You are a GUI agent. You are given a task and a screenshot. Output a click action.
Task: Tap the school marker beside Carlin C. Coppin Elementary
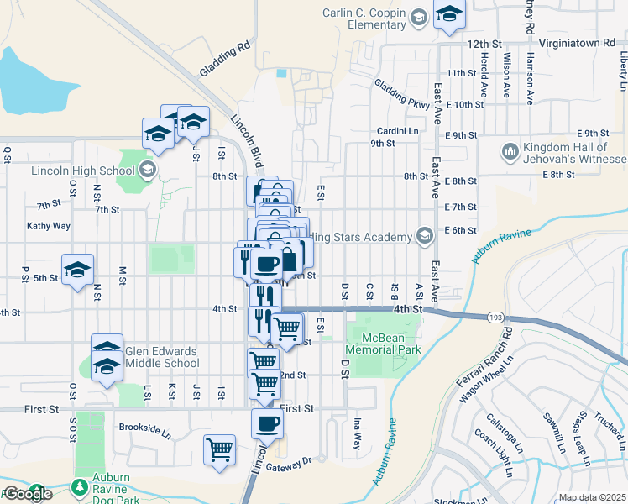[449, 14]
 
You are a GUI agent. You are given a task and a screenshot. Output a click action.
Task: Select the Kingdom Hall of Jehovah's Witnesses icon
[509, 152]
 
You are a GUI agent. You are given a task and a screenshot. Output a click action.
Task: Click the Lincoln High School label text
[82, 171]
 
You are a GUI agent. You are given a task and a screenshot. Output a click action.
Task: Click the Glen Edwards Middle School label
[161, 358]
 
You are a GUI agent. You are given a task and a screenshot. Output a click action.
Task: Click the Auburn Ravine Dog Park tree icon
[79, 486]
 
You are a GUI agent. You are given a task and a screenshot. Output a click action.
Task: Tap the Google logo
[27, 494]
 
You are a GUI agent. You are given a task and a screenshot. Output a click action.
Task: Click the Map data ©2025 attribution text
[592, 497]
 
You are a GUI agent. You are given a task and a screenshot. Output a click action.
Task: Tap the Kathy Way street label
[49, 226]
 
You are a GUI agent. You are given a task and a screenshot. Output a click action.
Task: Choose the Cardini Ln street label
[397, 131]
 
